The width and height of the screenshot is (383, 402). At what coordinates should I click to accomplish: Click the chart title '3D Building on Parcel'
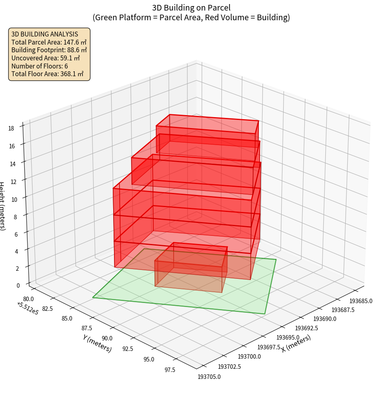tap(191, 8)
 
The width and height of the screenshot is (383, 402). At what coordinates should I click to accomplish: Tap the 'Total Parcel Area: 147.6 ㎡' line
tap(49, 42)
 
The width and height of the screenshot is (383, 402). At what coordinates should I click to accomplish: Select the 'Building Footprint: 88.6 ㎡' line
tap(49, 50)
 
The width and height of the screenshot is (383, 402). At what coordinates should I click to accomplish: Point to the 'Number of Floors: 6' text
tap(40, 66)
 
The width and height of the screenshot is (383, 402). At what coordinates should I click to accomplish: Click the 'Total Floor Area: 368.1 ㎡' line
tap(47, 74)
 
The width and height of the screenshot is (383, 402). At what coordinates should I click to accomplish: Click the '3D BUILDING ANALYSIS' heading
tap(45, 34)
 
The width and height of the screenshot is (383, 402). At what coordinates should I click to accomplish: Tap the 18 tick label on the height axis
tap(11, 128)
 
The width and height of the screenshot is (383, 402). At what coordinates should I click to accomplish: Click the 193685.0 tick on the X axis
tap(361, 301)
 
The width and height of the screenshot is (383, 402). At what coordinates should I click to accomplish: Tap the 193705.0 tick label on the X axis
tap(209, 377)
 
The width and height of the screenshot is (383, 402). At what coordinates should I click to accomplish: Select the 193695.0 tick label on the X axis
tap(288, 338)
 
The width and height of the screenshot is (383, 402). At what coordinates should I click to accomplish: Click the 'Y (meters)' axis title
tap(97, 343)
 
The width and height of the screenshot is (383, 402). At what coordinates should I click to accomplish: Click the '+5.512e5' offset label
tap(28, 308)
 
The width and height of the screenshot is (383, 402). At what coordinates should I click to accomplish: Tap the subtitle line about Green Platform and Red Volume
tap(191, 17)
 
